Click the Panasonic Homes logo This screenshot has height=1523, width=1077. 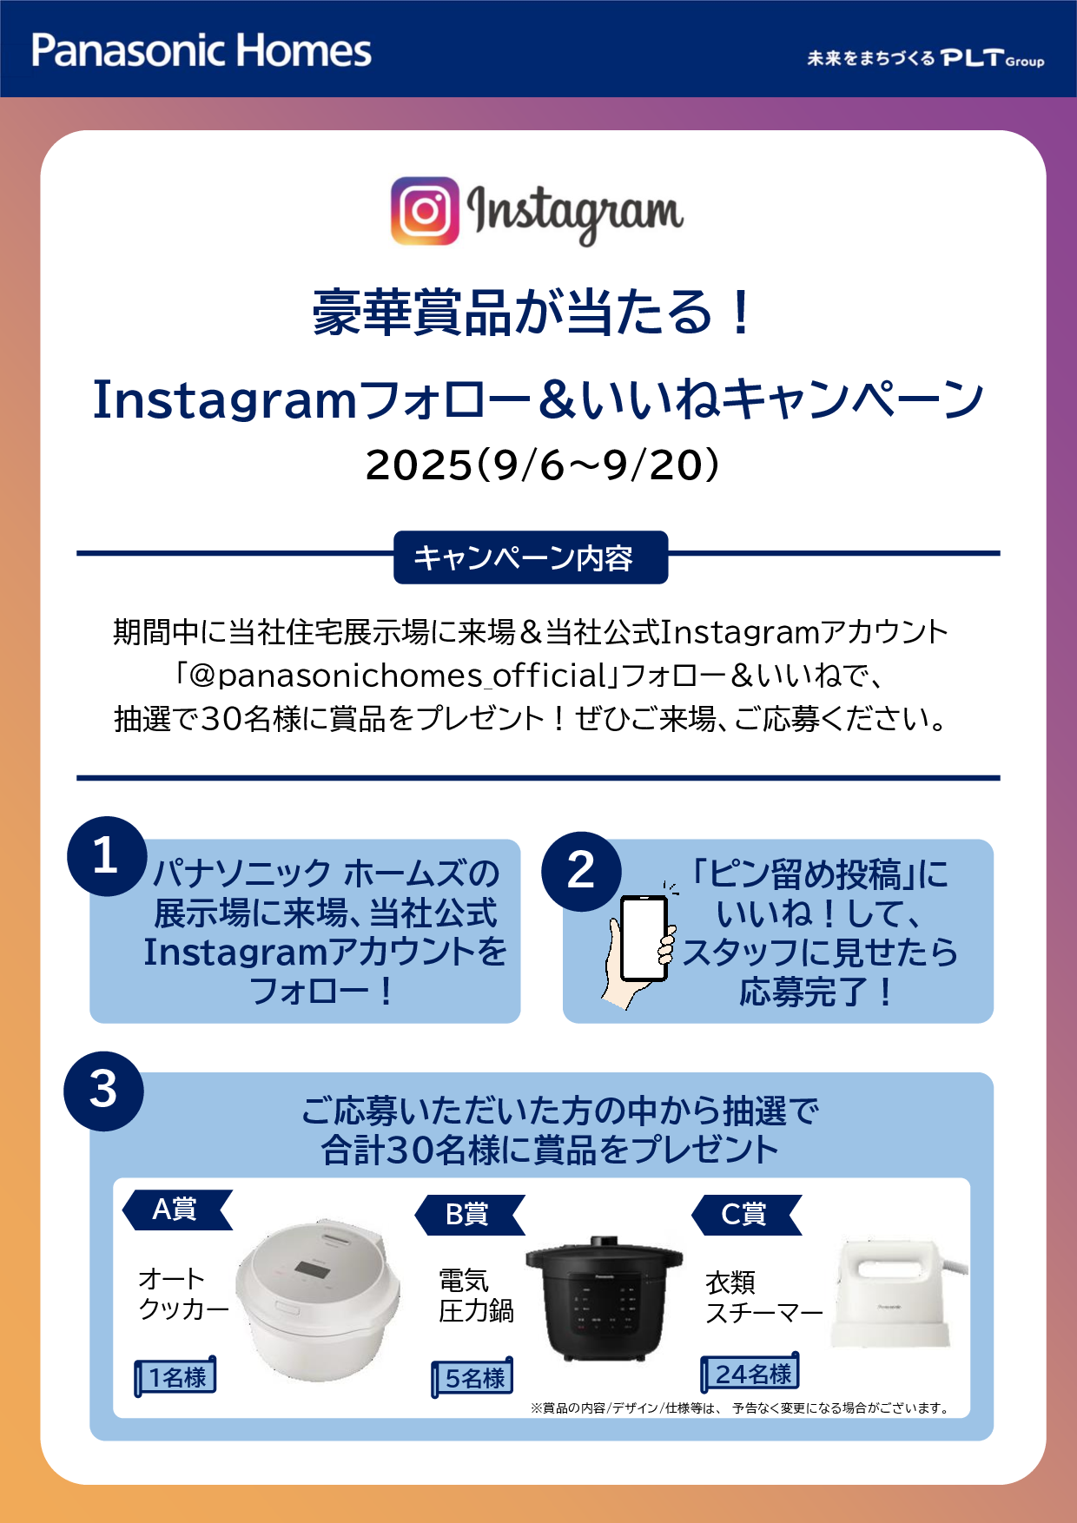click(x=202, y=50)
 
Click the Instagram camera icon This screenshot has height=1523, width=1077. click(x=425, y=211)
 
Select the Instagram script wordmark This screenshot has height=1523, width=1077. click(x=575, y=213)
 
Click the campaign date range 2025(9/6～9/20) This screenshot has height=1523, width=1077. click(x=543, y=465)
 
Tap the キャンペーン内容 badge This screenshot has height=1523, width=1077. click(x=531, y=557)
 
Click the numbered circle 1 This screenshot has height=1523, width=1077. click(x=106, y=856)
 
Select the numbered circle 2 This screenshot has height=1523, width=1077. click(x=581, y=871)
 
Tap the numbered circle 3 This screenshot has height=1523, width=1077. click(x=103, y=1091)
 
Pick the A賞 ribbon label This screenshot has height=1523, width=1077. click(x=177, y=1210)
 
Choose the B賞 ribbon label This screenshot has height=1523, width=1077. click(x=470, y=1215)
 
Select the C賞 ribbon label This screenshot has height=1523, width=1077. click(x=746, y=1215)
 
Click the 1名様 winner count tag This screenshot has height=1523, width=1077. click(x=175, y=1376)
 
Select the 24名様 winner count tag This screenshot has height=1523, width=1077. click(x=750, y=1373)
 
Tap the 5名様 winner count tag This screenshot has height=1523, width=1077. click(x=472, y=1377)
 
